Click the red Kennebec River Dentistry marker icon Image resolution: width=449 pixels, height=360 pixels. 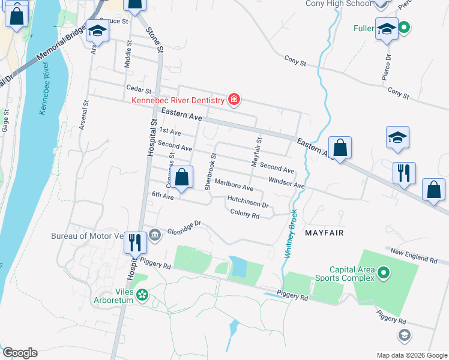click(234, 99)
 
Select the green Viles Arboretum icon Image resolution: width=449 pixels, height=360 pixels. click(142, 295)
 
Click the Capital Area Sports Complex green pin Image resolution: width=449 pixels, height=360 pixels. click(384, 275)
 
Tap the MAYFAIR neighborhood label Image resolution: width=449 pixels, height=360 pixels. click(324, 232)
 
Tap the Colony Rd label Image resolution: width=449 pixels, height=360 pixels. click(244, 215)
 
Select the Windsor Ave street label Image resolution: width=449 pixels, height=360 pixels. click(287, 182)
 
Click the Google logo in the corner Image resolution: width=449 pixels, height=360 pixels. click(19, 353)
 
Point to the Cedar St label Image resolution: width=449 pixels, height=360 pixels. click(139, 89)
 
